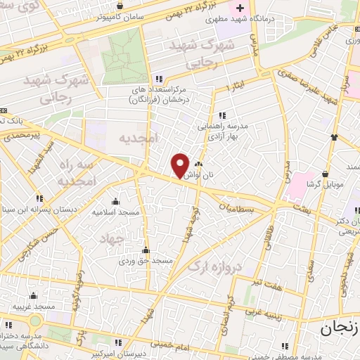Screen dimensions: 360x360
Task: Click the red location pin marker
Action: click(180, 165)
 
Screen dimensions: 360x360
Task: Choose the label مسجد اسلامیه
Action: click(117, 212)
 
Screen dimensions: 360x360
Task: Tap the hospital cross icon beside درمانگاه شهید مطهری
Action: click(240, 8)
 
